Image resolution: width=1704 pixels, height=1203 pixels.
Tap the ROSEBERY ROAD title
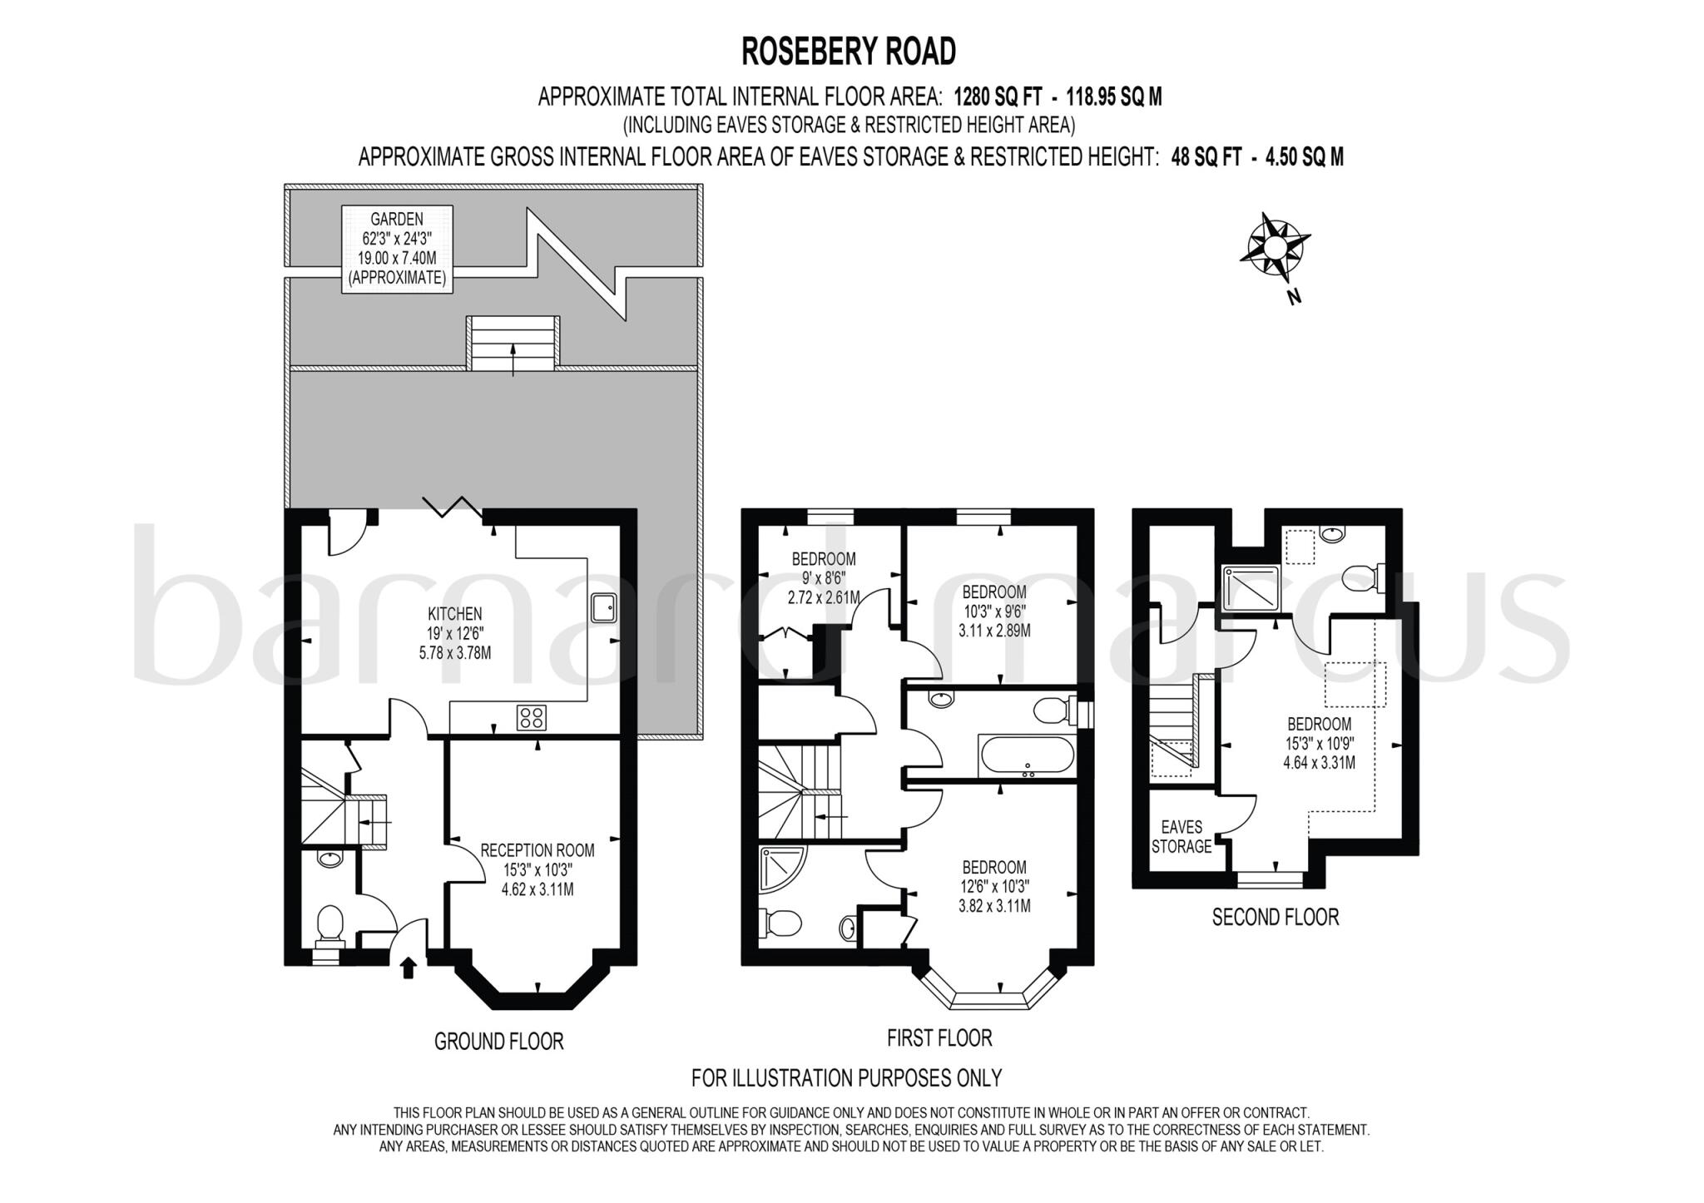[848, 52]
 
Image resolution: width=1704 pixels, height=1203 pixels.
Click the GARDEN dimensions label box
[398, 249]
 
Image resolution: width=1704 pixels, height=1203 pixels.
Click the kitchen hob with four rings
[532, 717]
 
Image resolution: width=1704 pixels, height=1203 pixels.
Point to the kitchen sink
[603, 608]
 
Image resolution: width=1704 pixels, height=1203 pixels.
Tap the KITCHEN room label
[454, 614]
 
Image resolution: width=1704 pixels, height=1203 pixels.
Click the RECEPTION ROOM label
[537, 850]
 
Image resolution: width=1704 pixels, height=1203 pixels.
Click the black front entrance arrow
[408, 968]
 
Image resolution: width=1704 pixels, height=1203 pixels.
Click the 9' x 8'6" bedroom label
[823, 559]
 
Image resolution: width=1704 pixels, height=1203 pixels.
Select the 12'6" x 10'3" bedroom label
[994, 867]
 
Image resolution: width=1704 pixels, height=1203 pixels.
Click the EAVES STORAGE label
[1181, 836]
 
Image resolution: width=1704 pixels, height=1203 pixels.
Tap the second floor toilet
[1362, 577]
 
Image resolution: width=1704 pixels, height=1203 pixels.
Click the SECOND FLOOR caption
[1275, 918]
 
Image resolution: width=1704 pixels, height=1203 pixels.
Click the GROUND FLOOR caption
[498, 1041]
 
